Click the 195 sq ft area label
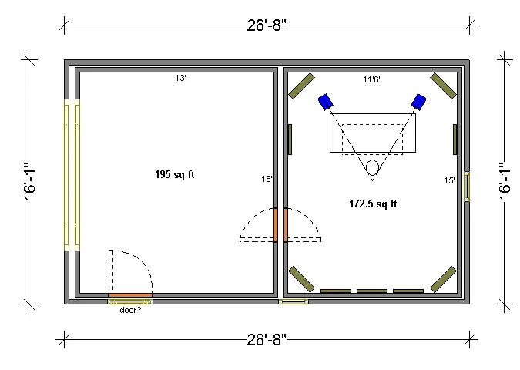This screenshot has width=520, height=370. click(174, 174)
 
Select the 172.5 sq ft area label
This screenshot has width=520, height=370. click(373, 203)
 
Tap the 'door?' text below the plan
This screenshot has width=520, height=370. click(130, 311)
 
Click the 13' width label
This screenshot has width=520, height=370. click(180, 79)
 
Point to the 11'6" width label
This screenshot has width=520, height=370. click(372, 79)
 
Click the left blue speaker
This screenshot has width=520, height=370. click(325, 102)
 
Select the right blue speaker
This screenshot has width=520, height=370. click(419, 102)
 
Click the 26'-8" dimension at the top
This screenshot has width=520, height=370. click(267, 25)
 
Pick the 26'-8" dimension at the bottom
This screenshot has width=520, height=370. click(267, 339)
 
